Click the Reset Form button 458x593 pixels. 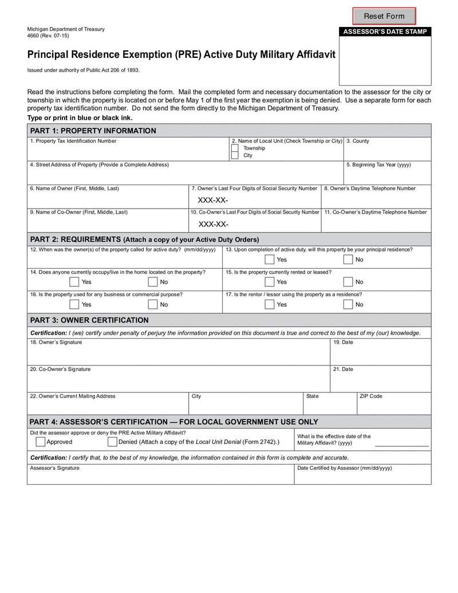point(384,16)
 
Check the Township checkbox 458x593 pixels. point(235,148)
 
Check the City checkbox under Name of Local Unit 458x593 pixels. point(235,155)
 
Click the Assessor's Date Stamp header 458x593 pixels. point(385,32)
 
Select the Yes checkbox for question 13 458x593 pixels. point(269,260)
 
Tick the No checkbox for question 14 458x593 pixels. point(153,282)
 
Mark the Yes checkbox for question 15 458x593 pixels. point(269,282)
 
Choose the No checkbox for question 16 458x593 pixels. point(153,304)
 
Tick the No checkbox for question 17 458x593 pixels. point(348,304)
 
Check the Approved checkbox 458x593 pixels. point(41,442)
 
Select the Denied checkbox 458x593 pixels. point(112,442)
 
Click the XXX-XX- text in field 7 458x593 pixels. point(213,201)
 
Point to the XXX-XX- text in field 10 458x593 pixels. point(214,224)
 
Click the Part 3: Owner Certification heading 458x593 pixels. point(89,320)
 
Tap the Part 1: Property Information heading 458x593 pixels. point(93,131)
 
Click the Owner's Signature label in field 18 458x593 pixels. point(56,343)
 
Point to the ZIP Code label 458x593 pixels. point(370,396)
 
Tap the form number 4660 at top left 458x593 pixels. point(34,36)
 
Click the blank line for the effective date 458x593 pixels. point(401,445)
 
